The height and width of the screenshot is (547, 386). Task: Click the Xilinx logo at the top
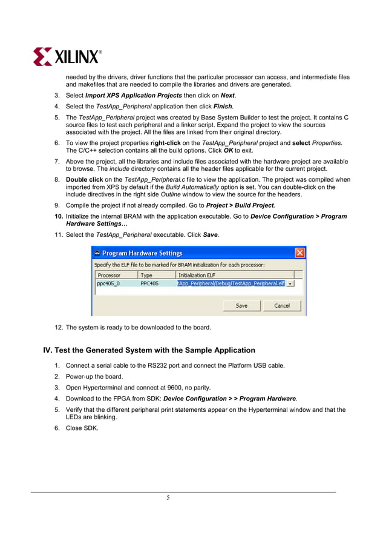(67, 56)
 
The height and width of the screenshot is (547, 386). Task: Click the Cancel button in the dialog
(282, 305)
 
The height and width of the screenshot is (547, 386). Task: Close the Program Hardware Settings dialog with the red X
(299, 253)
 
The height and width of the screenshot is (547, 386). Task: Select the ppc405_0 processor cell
(108, 283)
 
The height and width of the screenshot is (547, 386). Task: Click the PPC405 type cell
(149, 283)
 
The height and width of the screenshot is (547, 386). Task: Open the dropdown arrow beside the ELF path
(290, 283)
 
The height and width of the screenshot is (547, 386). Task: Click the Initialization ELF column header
(197, 275)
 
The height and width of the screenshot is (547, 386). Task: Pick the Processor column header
(109, 275)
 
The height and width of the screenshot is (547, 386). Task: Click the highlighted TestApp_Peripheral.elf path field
(231, 283)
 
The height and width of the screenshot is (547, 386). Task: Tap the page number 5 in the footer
(168, 498)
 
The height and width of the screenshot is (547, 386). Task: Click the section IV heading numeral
(47, 350)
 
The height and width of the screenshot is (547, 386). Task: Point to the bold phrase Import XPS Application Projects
(134, 96)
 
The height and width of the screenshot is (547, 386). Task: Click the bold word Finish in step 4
(223, 106)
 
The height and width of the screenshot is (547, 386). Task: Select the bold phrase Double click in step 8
(84, 180)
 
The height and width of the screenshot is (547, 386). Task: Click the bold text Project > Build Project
(240, 206)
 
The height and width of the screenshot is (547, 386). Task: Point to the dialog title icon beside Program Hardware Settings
(97, 253)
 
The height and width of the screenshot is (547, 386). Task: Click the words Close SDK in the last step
(82, 428)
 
